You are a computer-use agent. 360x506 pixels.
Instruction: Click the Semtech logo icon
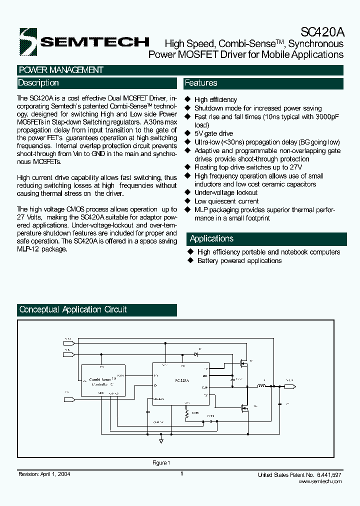(x=28, y=41)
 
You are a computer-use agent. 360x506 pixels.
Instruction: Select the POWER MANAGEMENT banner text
(x=60, y=70)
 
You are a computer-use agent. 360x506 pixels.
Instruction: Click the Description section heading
(x=38, y=83)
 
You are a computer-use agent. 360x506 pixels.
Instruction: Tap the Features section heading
(x=201, y=83)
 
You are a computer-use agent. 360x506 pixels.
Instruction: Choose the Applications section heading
(x=211, y=239)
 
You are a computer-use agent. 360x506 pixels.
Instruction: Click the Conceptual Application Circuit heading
(x=73, y=310)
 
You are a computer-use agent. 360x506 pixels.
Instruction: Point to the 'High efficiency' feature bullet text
(x=215, y=100)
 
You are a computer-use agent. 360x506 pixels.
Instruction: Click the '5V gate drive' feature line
(x=213, y=133)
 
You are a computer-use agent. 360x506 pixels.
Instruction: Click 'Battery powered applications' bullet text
(x=239, y=261)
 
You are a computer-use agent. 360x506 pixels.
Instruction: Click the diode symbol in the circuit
(x=196, y=354)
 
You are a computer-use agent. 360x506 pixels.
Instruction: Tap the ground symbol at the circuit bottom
(x=161, y=442)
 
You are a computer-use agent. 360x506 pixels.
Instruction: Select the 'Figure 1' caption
(x=161, y=463)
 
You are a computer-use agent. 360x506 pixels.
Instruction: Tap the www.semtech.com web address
(x=320, y=481)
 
